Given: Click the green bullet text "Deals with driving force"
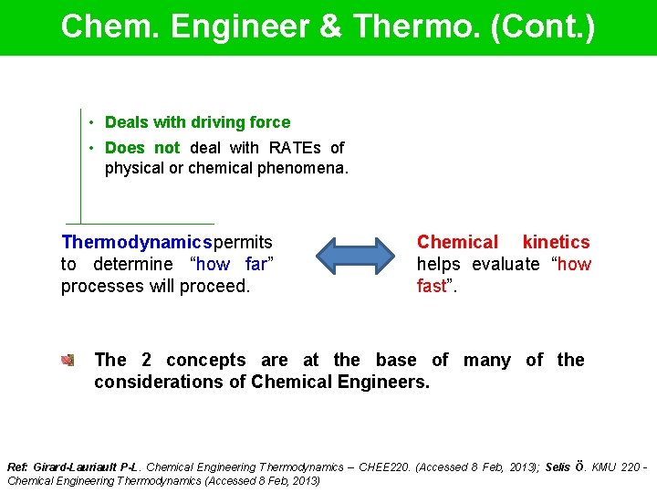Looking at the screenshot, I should [x=197, y=122].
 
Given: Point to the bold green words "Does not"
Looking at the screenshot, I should [x=142, y=148].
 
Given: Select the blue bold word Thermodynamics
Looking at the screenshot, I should [x=136, y=243].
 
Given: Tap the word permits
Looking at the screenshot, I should [x=243, y=243].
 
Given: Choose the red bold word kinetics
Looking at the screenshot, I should [x=556, y=243].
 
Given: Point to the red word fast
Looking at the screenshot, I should [x=432, y=286].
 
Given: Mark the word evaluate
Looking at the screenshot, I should [x=506, y=265].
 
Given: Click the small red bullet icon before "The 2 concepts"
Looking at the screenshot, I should [x=67, y=361].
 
